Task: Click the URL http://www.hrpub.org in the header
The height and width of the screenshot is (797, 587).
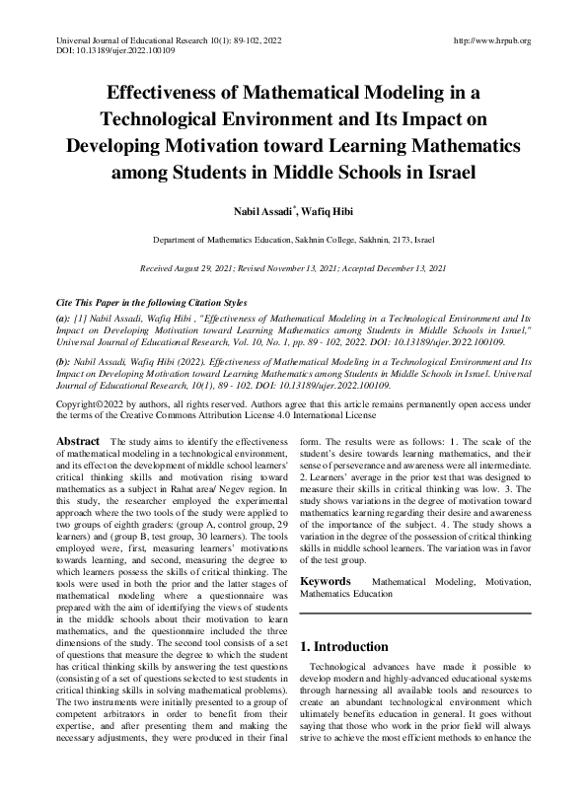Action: [x=490, y=40]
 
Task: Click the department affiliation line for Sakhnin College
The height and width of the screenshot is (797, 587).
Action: [x=292, y=240]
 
